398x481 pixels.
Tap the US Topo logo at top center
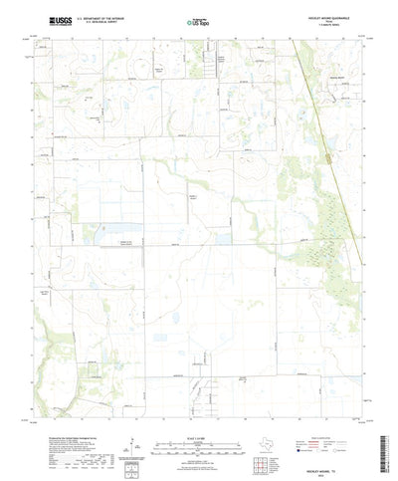click(198, 19)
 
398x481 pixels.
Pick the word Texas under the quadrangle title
click(333, 20)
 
